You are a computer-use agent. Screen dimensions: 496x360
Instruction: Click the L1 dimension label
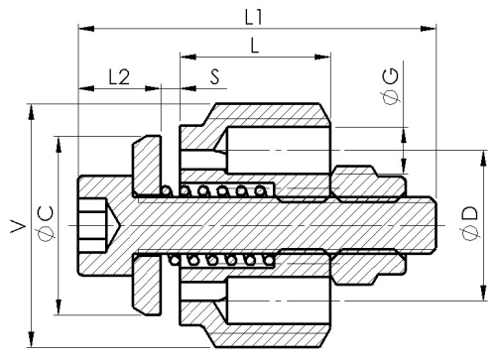tap(254, 17)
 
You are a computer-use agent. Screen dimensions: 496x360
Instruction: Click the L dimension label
tap(254, 46)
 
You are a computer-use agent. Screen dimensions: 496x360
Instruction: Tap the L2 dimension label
tap(119, 77)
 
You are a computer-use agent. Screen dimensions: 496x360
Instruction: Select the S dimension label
tap(215, 77)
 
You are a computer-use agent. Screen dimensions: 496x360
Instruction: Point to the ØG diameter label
tap(391, 87)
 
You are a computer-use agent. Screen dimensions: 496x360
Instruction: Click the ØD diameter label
tap(470, 224)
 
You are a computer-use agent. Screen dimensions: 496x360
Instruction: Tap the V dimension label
tap(19, 226)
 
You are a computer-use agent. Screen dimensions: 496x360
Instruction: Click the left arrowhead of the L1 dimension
tap(86, 29)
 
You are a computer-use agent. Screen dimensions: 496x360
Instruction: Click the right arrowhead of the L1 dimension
tap(429, 29)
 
